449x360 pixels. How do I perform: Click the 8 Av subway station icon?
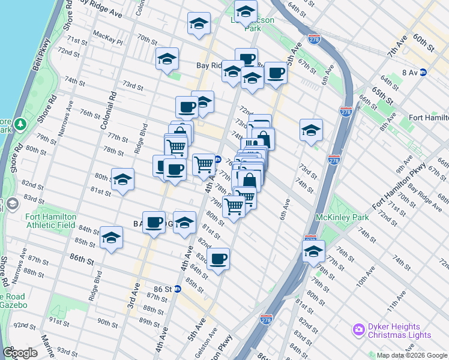[423, 72]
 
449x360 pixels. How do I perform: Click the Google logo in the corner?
[20, 353]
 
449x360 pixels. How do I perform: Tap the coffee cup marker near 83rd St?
[218, 259]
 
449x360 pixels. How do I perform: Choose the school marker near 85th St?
[111, 238]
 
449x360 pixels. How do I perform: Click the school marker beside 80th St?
[122, 179]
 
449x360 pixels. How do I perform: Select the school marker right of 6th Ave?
[311, 130]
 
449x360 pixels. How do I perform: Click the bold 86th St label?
[82, 260]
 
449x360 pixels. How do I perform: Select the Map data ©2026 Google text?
[411, 355]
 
